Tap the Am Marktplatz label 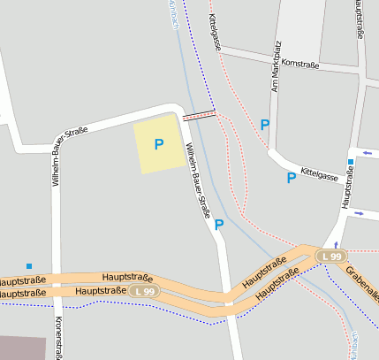pos(277,66)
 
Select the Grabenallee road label pos(362,282)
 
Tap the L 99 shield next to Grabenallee pos(331,256)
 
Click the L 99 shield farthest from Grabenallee pos(143,291)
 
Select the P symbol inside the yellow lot pos(159,144)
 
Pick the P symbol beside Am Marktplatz pos(264,125)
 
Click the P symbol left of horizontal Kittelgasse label pos(291,178)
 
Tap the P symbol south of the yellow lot pos(219,225)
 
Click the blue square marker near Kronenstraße pos(29,265)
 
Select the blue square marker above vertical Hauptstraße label pos(351,162)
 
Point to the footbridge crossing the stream pos(199,115)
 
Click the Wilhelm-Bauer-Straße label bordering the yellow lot pos(196,182)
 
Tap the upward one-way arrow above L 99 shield pos(336,243)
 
